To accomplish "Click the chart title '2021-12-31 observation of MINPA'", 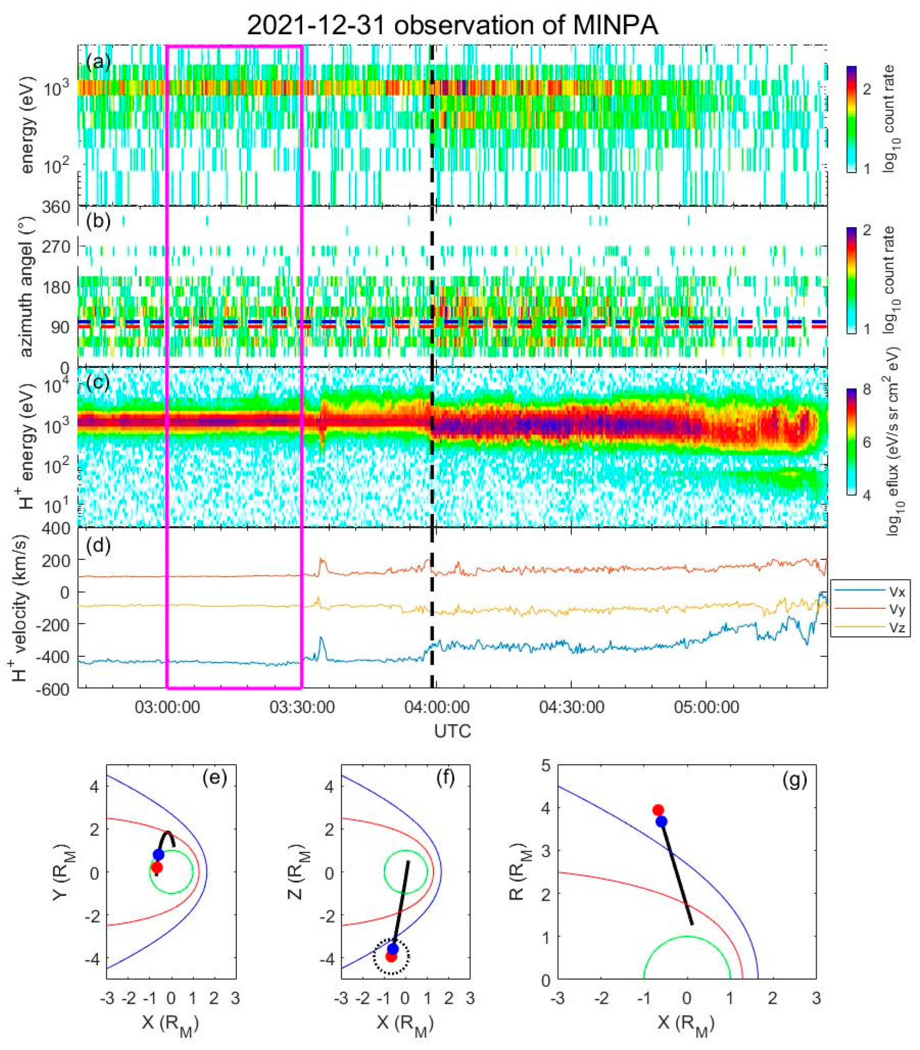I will point(452,25).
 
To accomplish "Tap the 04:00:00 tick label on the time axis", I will point(437,708).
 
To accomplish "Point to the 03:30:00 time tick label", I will point(302,708).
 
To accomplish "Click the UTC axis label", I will point(452,730).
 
